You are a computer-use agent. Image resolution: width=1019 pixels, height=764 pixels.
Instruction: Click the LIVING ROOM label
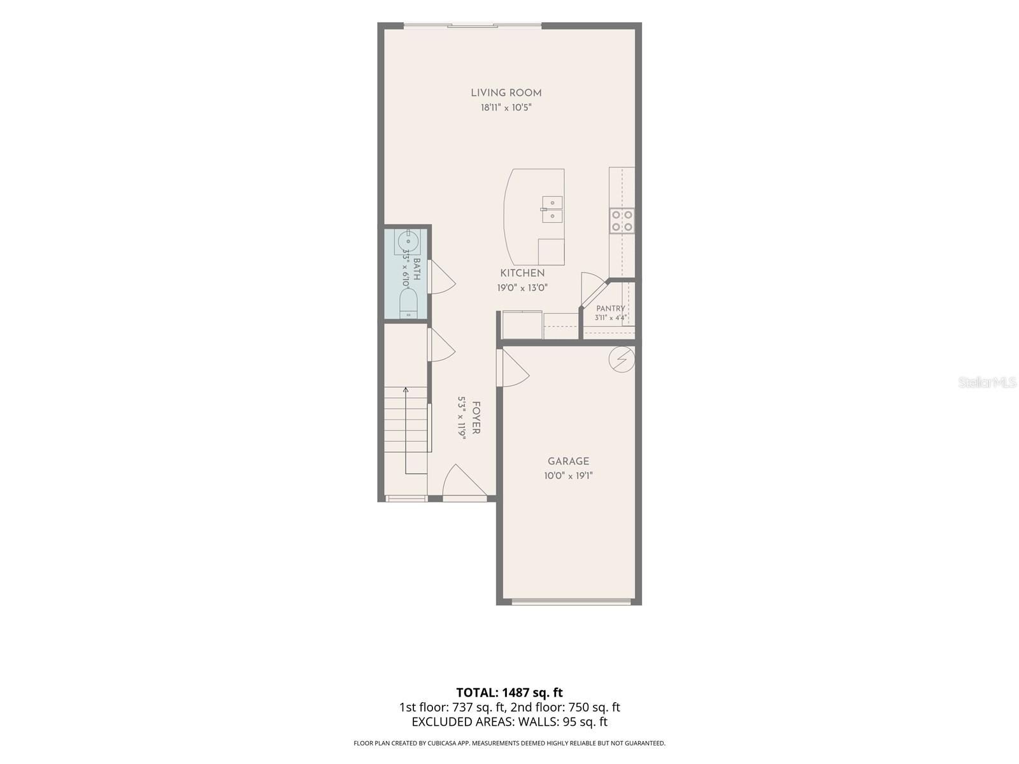click(x=506, y=93)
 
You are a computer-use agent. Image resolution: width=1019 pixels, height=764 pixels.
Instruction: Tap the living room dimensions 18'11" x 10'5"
click(x=506, y=108)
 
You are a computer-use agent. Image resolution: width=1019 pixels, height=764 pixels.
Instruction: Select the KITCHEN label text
click(x=522, y=272)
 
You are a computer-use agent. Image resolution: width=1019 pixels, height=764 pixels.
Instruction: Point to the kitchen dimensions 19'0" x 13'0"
click(x=522, y=288)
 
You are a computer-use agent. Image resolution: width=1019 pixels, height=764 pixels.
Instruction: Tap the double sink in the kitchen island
click(x=552, y=209)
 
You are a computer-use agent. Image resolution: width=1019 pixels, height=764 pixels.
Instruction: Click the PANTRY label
click(x=611, y=309)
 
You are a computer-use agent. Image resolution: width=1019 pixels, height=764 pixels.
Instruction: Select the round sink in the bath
click(x=408, y=241)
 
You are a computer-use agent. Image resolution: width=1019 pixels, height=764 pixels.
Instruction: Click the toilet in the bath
click(x=408, y=303)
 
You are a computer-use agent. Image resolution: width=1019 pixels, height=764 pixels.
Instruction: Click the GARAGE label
click(x=568, y=461)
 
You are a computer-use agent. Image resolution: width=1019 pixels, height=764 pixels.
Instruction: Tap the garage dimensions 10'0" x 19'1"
click(x=568, y=476)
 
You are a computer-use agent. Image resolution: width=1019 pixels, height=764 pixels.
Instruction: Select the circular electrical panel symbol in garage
click(x=622, y=359)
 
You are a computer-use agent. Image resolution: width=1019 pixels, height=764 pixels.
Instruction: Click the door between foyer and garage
click(x=513, y=367)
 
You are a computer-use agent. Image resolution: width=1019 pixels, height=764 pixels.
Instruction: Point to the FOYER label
click(x=476, y=418)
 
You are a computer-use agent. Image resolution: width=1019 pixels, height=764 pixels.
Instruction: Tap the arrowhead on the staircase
click(x=406, y=390)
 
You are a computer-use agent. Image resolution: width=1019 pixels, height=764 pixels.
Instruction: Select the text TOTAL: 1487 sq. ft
click(x=509, y=693)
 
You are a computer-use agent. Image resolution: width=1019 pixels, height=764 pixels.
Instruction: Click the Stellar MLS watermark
click(x=987, y=383)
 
